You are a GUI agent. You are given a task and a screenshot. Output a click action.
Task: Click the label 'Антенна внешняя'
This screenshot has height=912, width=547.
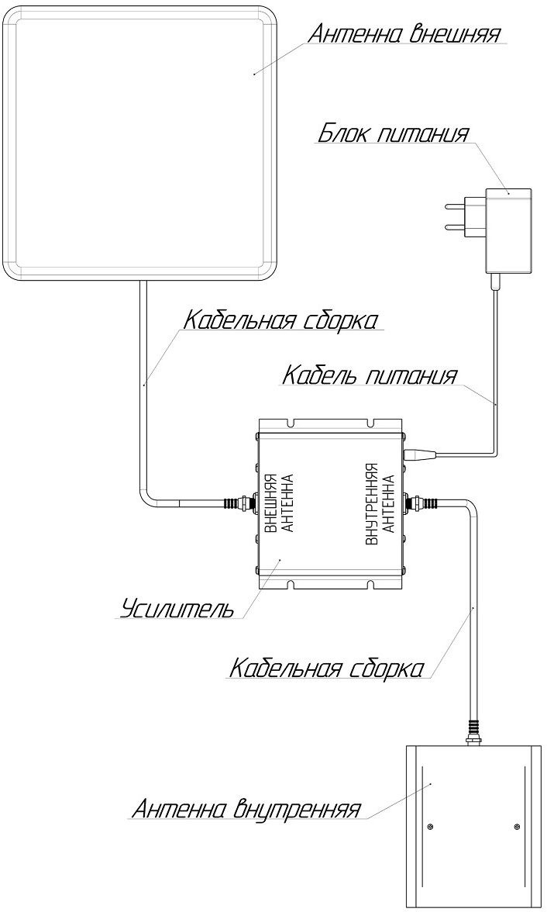coord(404,34)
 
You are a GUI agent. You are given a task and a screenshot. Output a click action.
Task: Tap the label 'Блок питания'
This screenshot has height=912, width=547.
coord(393,133)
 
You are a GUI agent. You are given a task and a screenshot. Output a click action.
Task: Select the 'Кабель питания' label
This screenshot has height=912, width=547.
coord(369,375)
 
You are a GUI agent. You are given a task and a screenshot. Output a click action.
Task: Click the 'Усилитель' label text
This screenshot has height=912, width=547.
coord(178,609)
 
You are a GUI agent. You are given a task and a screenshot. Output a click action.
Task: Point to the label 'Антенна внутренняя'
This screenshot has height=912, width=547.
coord(246,808)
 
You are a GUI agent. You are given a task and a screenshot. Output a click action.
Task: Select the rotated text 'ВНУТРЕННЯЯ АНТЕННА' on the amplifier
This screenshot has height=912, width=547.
coord(381,504)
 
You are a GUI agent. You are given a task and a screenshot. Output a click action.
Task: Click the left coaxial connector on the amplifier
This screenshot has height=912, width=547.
coord(239,503)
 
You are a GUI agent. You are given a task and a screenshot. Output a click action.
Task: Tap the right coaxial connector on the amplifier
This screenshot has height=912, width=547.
coord(421,503)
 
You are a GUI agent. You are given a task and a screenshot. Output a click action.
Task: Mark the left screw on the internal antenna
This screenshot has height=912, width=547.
coord(429,827)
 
